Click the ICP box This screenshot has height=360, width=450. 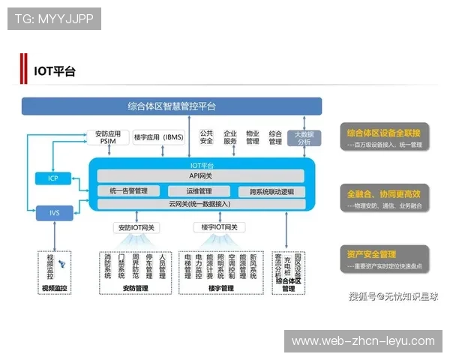coord(52,178)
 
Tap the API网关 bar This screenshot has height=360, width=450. coord(200,175)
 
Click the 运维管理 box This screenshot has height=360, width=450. coord(200,191)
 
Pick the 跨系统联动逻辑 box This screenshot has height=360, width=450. coord(271,191)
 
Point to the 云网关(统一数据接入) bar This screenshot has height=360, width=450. coord(200,204)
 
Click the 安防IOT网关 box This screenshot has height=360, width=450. coord(135,227)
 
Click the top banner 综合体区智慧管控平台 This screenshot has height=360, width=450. coord(172,106)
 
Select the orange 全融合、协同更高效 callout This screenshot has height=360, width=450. coord(384,193)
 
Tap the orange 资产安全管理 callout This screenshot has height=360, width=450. coord(384,254)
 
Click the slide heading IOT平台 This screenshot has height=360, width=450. coord(55,72)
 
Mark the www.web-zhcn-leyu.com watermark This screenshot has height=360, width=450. coord(363,341)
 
